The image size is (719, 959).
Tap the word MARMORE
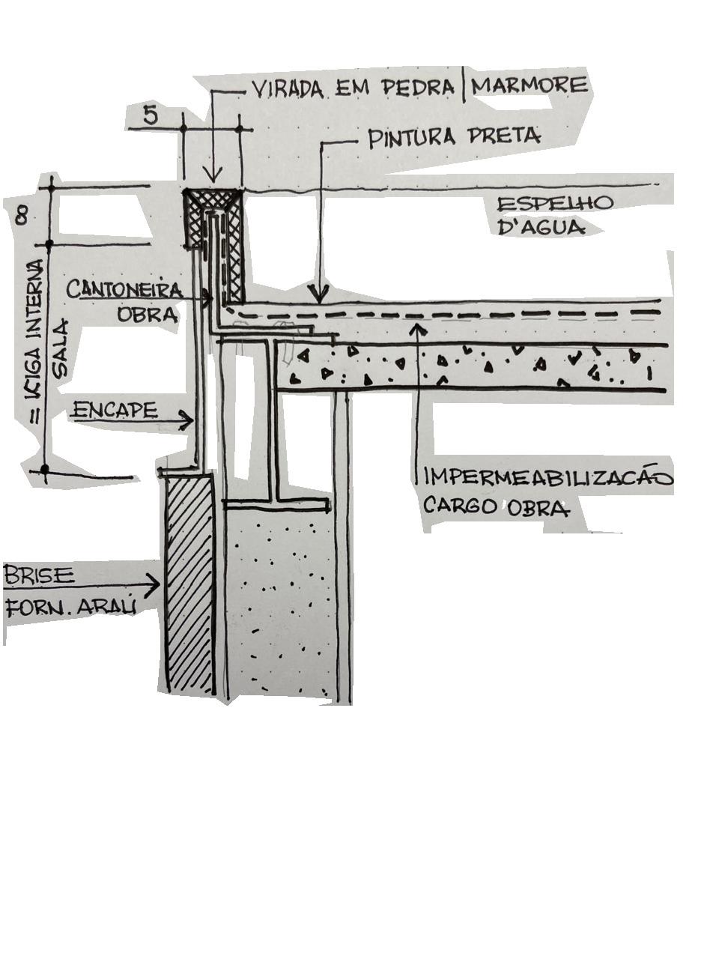pyautogui.click(x=530, y=85)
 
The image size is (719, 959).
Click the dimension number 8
pyautogui.click(x=22, y=217)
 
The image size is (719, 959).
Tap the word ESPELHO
pyautogui.click(x=555, y=204)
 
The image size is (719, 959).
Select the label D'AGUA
pyautogui.click(x=541, y=226)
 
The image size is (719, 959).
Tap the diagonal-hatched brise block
pyautogui.click(x=189, y=584)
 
